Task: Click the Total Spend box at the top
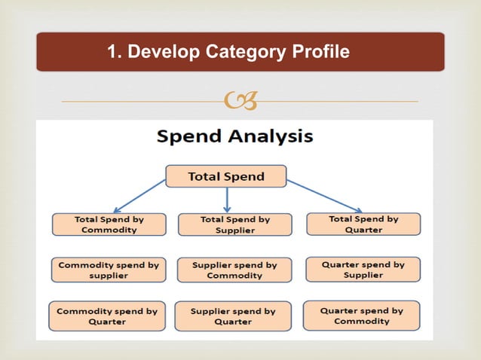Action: pos(226,176)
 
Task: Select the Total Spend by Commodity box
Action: pos(109,224)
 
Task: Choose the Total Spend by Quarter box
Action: pos(363,224)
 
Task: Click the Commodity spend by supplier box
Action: pos(109,270)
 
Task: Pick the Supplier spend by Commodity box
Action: pos(234,270)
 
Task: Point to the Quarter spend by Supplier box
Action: pos(363,270)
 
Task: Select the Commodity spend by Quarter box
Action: pos(107,316)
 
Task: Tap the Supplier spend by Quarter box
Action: pos(233,316)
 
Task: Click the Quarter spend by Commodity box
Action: pos(362,315)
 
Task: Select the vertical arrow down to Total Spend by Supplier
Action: pos(227,200)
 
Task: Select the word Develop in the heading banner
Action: pos(164,52)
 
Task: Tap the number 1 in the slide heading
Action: pos(113,52)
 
